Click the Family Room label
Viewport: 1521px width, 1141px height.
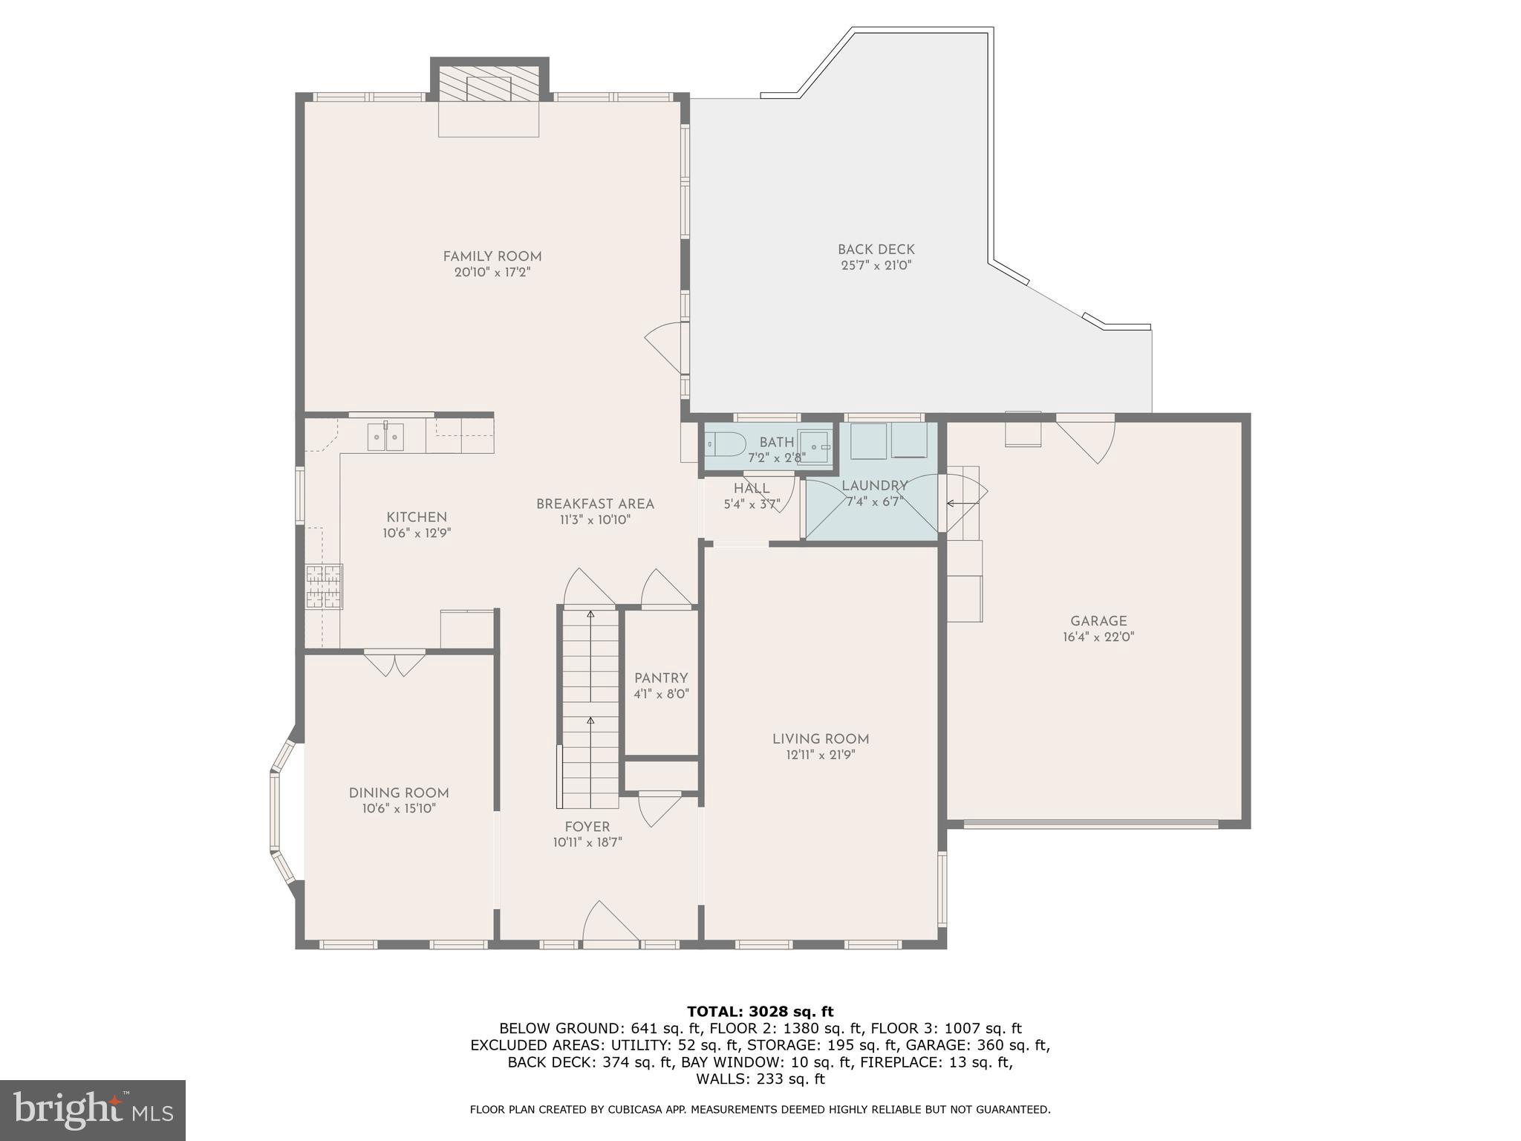point(492,256)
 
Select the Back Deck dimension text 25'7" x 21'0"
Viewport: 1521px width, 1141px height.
point(876,265)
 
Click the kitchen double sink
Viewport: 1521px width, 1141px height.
point(385,437)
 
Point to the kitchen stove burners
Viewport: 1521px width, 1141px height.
point(324,587)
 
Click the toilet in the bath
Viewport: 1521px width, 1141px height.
point(724,444)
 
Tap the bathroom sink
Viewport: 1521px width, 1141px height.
point(815,446)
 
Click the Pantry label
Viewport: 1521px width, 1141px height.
point(660,678)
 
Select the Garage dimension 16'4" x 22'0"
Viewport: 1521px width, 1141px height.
point(1098,637)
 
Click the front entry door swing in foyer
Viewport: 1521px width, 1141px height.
point(609,923)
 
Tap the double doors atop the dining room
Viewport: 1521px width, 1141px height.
point(394,663)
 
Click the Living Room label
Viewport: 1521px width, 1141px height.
point(820,739)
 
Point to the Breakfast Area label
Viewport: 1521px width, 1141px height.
point(595,504)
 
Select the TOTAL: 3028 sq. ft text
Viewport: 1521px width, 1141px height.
point(760,1012)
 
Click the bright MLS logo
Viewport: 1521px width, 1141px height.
point(93,1110)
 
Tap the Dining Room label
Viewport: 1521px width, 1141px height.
point(399,793)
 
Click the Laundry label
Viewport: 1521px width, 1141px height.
point(874,486)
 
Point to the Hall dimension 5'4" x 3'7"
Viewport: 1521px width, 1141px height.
point(752,504)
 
